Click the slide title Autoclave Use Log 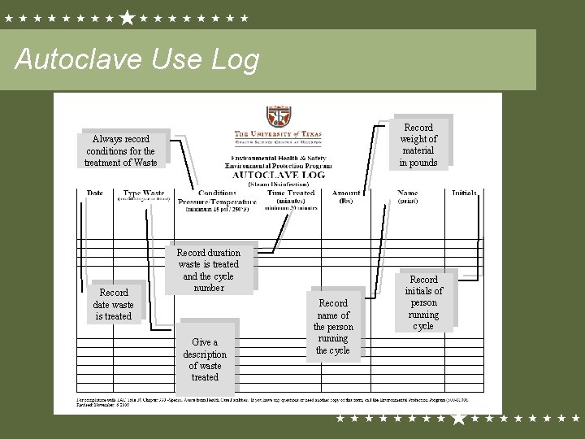[137, 60]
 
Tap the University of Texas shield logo [276, 116]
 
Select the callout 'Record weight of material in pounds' [418, 145]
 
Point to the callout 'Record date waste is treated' [113, 304]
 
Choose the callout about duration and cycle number [209, 270]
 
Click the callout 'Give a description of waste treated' [205, 359]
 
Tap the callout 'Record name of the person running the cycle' [333, 326]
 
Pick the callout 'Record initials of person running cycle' [423, 302]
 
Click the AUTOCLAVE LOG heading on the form [279, 175]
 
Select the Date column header [95, 193]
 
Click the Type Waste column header [144, 194]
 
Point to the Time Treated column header [289, 194]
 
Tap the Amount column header [346, 193]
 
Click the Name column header [407, 193]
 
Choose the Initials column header [464, 193]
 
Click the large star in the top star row [128, 16]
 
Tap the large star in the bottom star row [458, 419]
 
